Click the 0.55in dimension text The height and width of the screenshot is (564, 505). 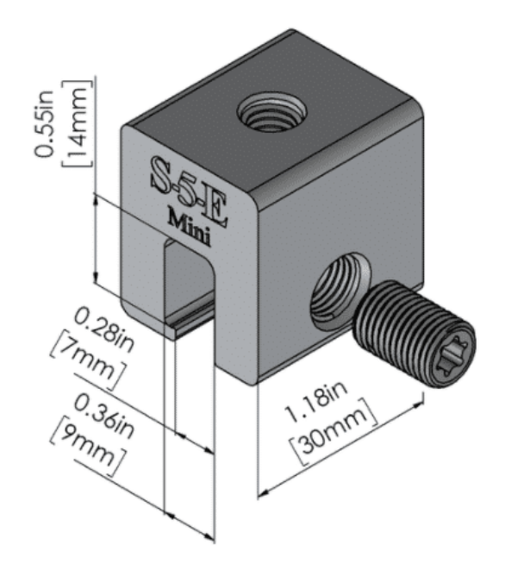point(44,123)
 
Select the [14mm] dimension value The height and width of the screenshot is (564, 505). point(77,123)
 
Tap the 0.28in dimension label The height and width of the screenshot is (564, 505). point(105,331)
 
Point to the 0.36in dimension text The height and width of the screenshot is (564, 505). point(104,417)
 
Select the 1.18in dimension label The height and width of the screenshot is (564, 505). point(316,401)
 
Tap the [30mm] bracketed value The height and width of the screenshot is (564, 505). point(334,431)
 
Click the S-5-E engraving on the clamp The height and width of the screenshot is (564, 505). point(190,191)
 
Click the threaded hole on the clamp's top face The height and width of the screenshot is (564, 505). point(271,112)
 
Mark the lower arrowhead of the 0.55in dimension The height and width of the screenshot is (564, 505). point(96,277)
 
